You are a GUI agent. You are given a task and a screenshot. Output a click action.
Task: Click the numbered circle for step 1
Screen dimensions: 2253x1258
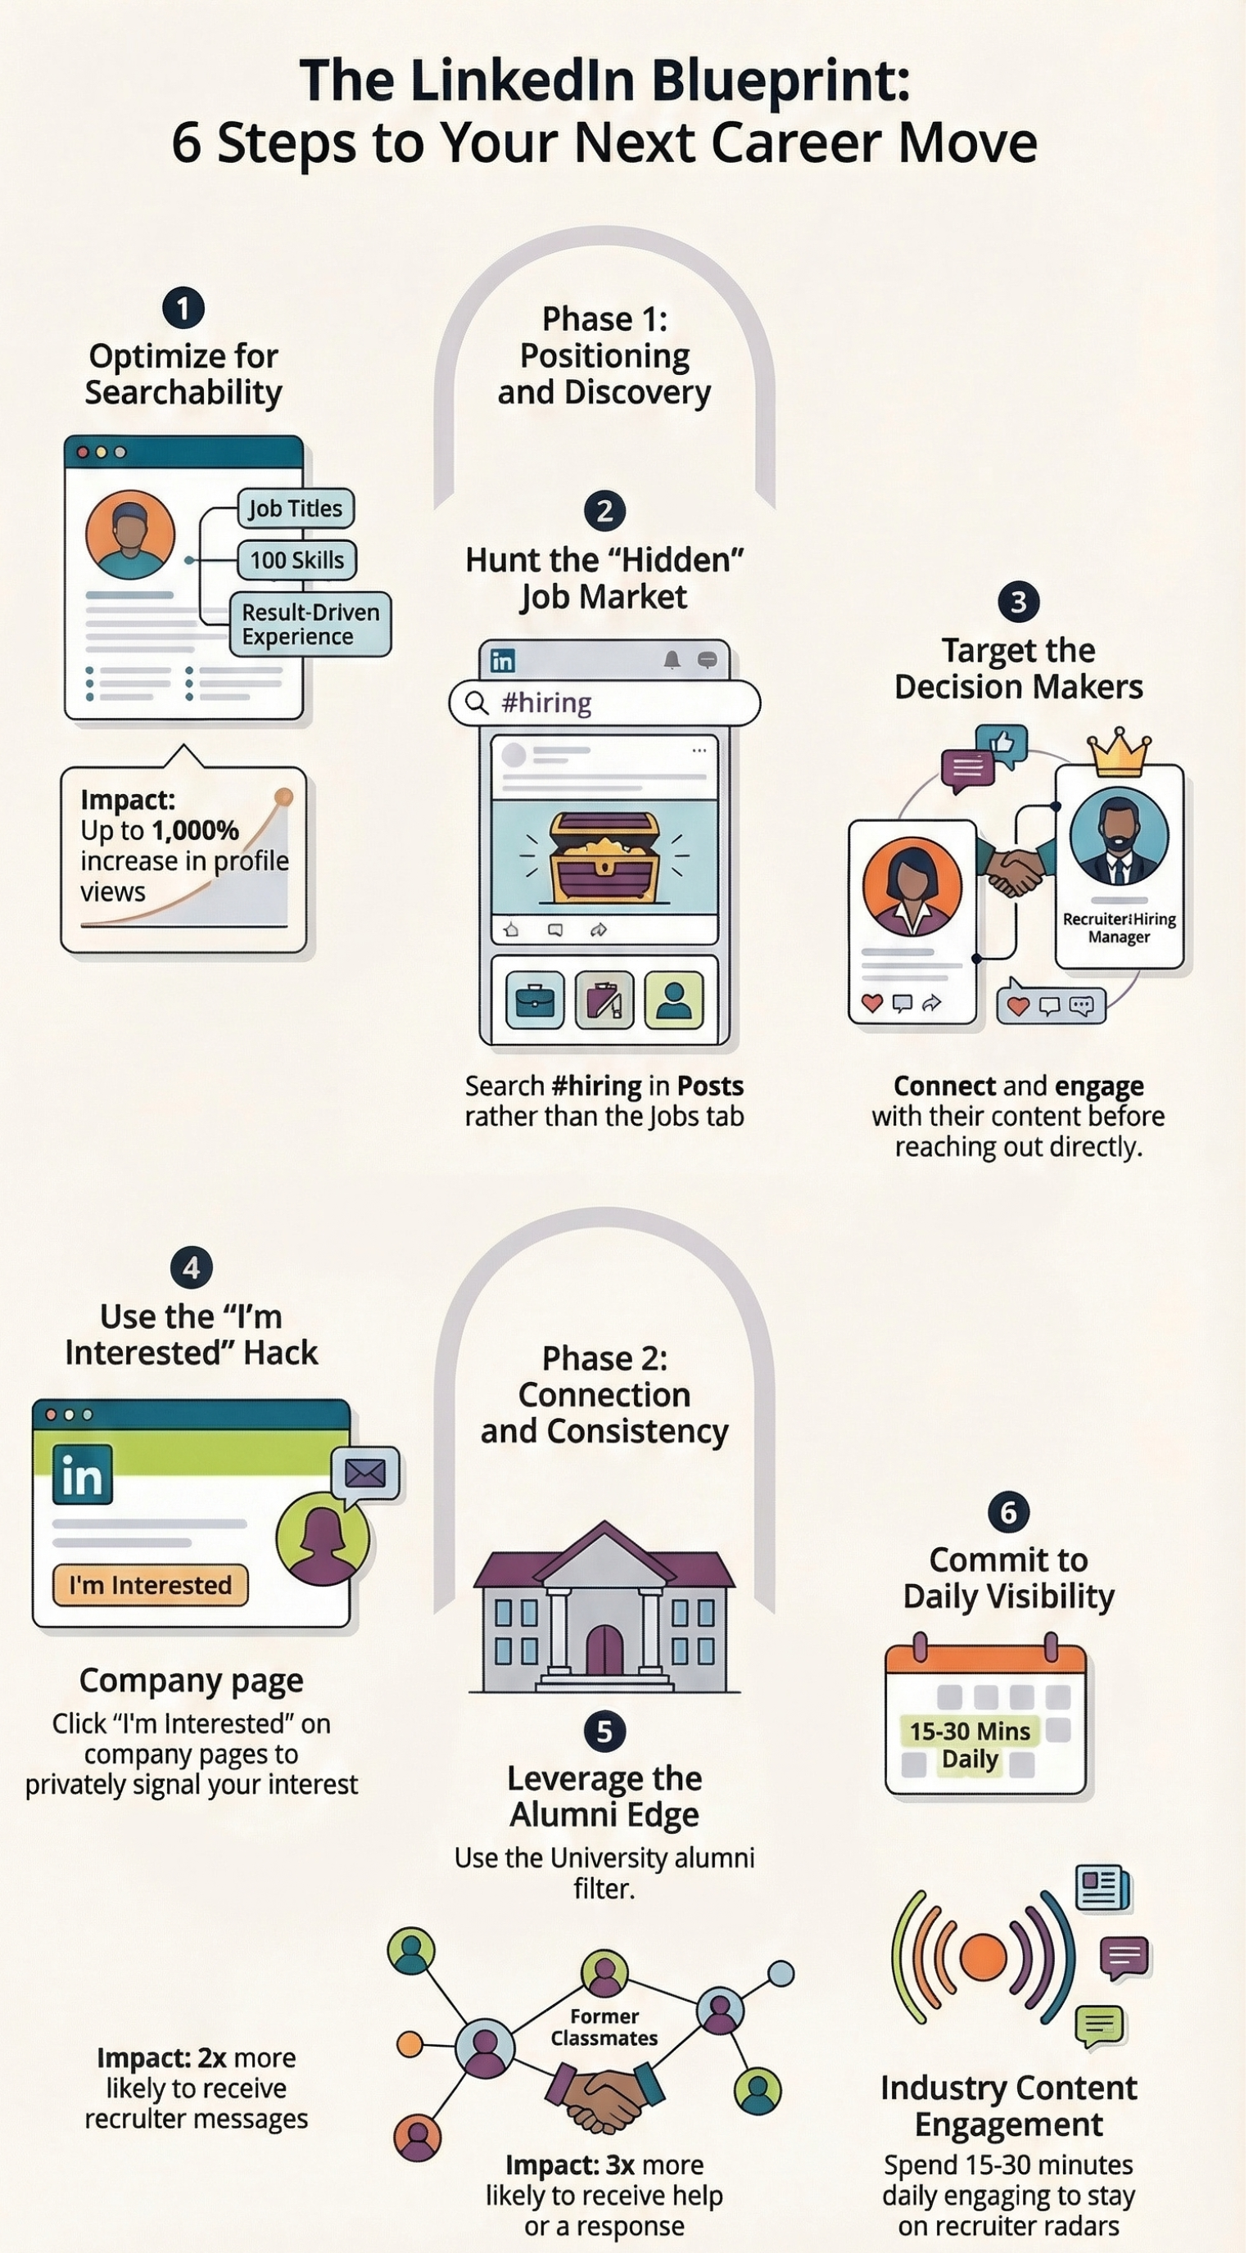(183, 308)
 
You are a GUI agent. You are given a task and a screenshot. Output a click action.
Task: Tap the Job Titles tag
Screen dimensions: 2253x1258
(296, 508)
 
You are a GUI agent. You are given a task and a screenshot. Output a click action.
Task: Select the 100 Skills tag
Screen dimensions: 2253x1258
(297, 560)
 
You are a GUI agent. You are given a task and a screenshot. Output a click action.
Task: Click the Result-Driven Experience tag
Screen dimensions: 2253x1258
(310, 625)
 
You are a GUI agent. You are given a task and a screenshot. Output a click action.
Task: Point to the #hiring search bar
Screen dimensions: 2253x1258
(604, 702)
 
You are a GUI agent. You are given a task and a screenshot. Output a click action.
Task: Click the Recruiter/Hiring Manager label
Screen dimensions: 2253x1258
(1119, 927)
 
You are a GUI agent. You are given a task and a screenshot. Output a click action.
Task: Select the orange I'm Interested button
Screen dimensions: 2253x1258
(151, 1585)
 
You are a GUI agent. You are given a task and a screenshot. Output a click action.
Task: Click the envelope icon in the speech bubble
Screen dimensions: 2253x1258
(364, 1474)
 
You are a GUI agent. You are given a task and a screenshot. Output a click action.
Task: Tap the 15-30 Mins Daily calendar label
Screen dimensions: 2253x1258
(970, 1745)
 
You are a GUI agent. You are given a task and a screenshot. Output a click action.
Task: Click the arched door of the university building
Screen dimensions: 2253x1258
(604, 1650)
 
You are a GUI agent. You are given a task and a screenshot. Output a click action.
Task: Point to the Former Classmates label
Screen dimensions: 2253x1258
(604, 2026)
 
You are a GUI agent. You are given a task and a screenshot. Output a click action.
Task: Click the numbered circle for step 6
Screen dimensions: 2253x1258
(1008, 1512)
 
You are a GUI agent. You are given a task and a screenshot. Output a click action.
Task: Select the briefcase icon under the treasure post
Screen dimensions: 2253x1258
(535, 1000)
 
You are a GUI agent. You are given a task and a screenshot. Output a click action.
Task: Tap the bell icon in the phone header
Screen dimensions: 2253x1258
(671, 661)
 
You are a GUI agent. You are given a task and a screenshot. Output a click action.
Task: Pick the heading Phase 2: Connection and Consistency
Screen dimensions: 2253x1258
(604, 1394)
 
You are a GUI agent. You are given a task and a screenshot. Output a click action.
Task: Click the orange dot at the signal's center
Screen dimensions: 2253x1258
(984, 1956)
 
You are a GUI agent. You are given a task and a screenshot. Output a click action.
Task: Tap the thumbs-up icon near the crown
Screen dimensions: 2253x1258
(1001, 743)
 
